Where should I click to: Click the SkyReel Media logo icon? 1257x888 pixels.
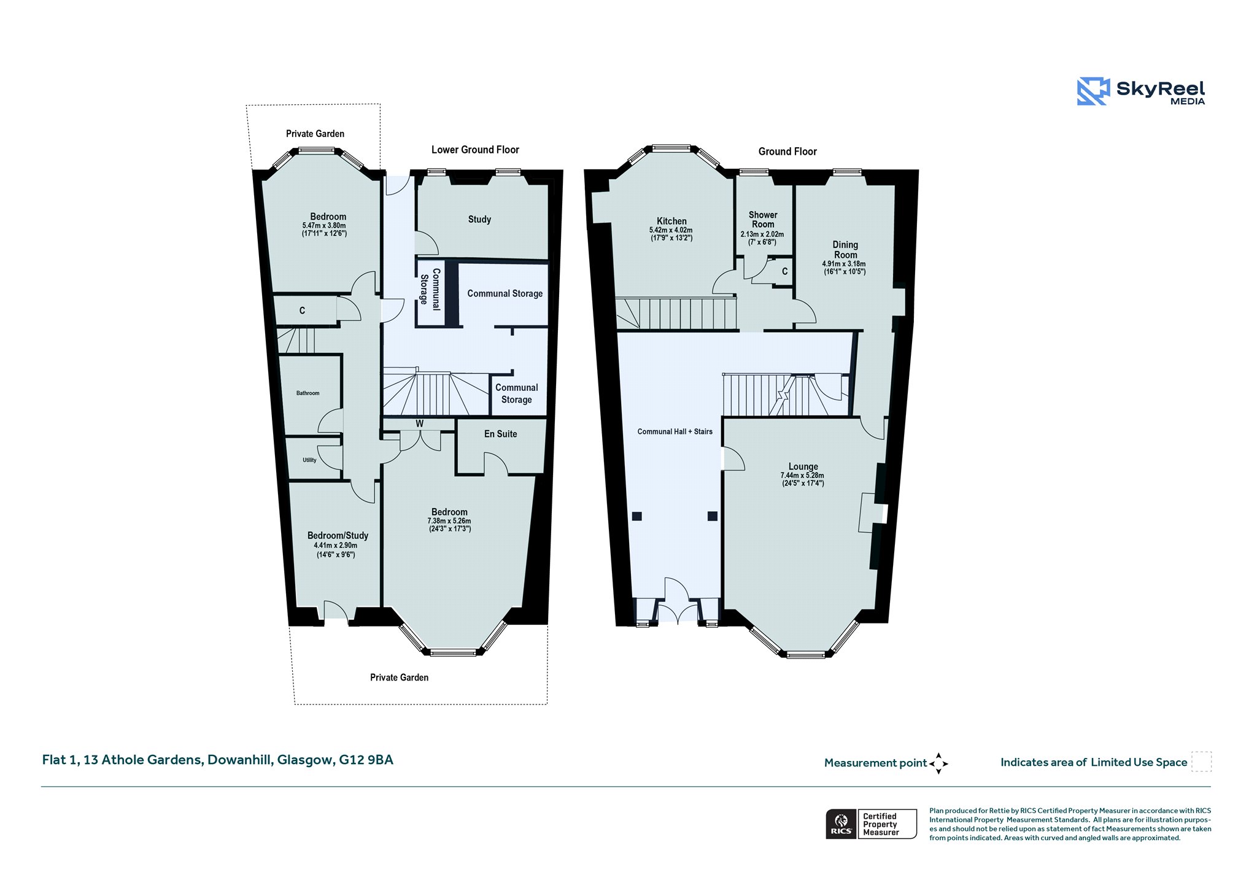[1093, 91]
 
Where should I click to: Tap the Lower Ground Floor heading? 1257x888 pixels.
[475, 150]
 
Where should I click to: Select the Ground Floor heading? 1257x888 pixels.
[787, 152]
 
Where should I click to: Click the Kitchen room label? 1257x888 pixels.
[671, 221]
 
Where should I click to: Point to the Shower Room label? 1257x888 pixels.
[763, 220]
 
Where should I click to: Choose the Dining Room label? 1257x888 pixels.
[845, 250]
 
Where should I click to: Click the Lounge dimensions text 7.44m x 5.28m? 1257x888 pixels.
[802, 476]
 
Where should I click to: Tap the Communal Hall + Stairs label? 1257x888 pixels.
[675, 432]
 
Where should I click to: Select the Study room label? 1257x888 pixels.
[479, 220]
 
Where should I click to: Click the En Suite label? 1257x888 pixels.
[500, 434]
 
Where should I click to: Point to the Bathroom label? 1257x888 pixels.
[307, 393]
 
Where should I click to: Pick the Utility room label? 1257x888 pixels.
[309, 460]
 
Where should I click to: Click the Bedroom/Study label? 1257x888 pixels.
[338, 536]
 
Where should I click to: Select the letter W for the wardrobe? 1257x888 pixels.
[420, 423]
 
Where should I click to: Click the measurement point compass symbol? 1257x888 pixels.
[938, 763]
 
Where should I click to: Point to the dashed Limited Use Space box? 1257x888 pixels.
[1201, 762]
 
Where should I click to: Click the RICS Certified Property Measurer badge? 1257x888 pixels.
[872, 824]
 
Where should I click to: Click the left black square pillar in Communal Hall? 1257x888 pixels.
[636, 517]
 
